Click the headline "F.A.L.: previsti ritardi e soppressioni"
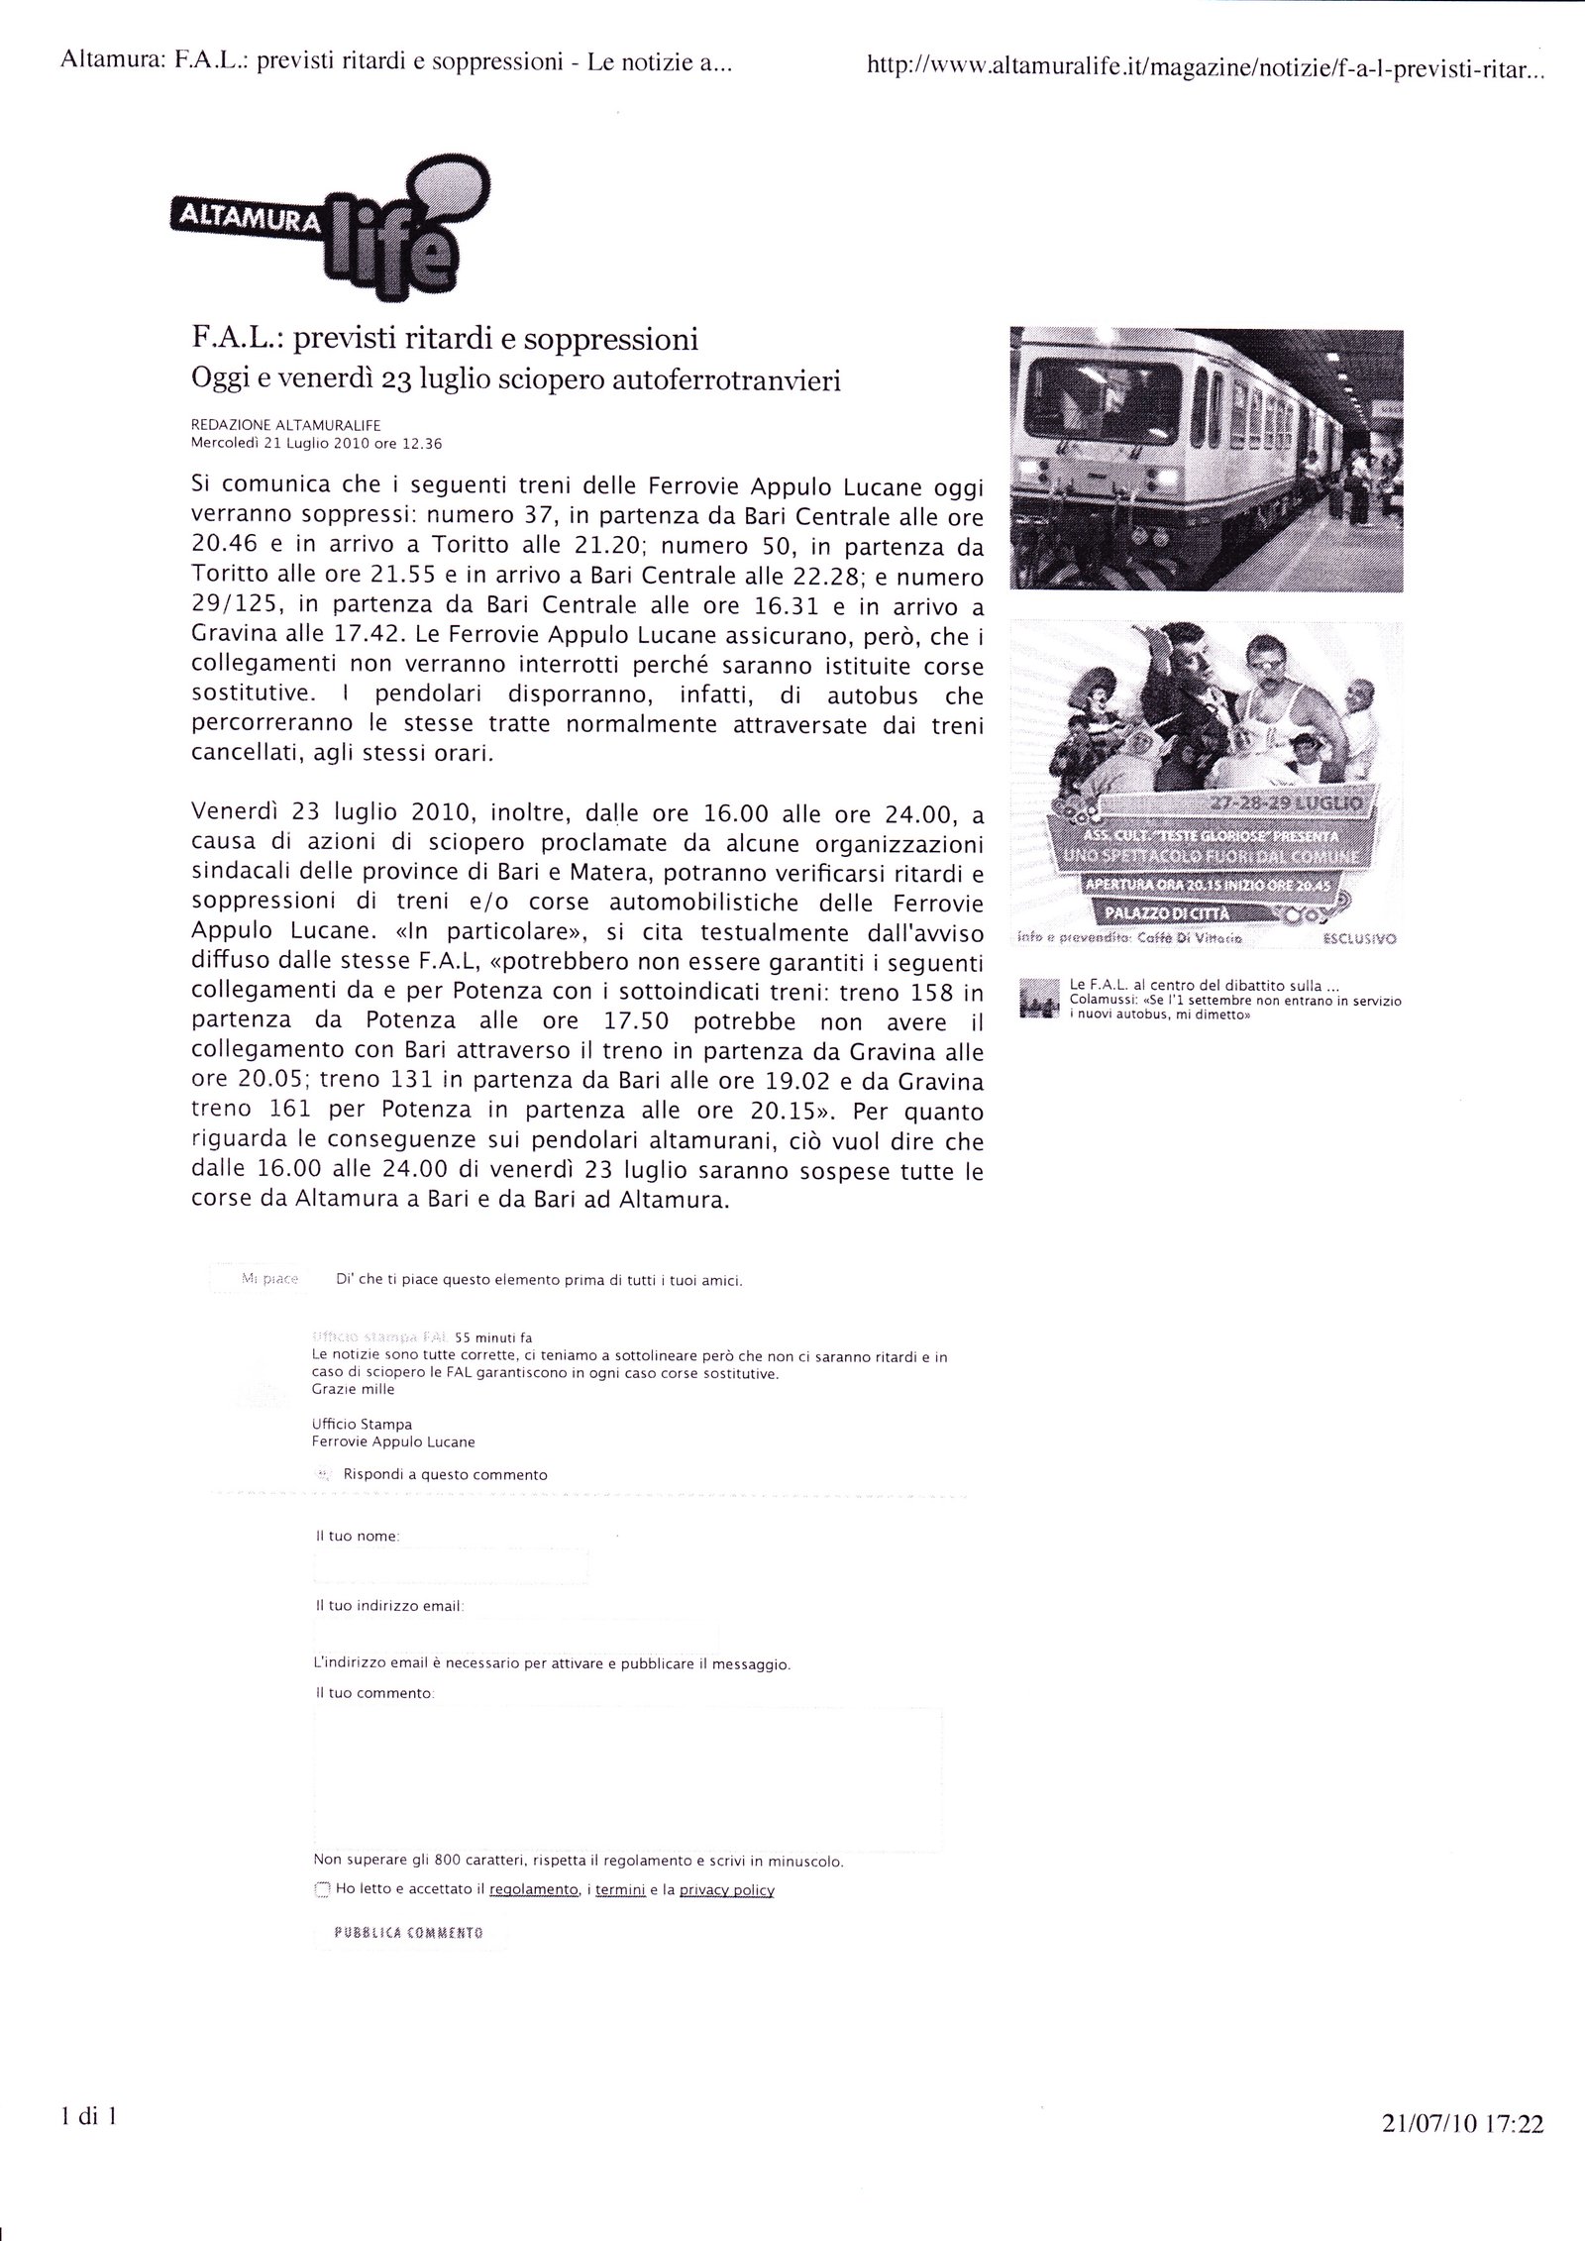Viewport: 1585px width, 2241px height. (444, 340)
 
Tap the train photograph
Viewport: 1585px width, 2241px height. (1205, 459)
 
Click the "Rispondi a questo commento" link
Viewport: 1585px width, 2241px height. (445, 1474)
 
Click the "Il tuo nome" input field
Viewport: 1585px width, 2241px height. (451, 1566)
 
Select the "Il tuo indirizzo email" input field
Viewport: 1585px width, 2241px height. (515, 1636)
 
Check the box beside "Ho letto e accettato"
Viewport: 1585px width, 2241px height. (321, 1889)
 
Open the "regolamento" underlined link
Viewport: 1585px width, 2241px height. (534, 1890)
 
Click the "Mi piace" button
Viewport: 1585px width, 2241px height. (257, 1279)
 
